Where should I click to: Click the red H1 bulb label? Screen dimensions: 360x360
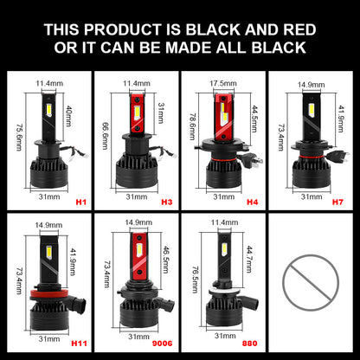(x=81, y=202)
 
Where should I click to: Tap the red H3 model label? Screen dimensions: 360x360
(x=166, y=202)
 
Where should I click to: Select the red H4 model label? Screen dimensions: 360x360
(x=253, y=202)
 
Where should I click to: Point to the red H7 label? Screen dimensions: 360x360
(x=337, y=202)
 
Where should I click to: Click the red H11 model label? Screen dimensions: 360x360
(x=79, y=344)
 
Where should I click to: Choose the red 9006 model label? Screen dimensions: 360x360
(x=162, y=344)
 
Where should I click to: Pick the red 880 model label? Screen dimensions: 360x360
(x=249, y=344)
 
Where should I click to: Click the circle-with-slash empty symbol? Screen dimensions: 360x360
(x=311, y=283)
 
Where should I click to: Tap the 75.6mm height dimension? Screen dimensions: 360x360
(x=19, y=138)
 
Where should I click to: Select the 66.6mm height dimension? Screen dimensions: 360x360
(x=105, y=136)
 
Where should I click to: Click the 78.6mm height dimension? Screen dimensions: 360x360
(x=192, y=126)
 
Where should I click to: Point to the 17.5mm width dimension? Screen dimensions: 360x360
(x=223, y=83)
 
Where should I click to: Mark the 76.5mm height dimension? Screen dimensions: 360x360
(x=196, y=280)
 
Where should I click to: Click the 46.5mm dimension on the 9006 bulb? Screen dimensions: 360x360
(x=166, y=260)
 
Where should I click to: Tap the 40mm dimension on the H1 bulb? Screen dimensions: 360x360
(x=68, y=116)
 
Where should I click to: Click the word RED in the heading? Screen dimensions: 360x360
(x=299, y=29)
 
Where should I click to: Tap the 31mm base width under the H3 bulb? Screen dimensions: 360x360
(x=137, y=197)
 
